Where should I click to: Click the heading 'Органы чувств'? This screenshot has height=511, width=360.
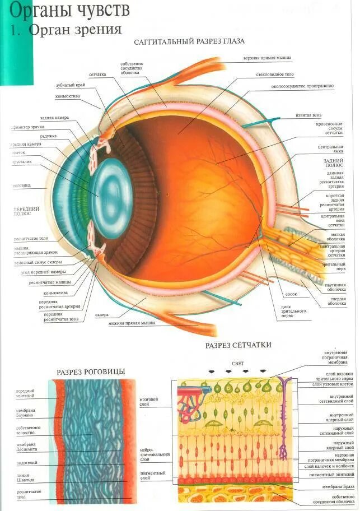71,10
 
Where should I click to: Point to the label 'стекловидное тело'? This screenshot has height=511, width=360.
275,74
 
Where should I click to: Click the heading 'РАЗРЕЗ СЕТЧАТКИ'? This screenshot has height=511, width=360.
238,345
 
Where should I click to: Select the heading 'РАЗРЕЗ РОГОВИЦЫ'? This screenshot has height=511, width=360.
91,371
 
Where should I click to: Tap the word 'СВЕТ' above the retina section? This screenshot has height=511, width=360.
238,363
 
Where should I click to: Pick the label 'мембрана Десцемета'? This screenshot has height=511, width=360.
26,447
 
